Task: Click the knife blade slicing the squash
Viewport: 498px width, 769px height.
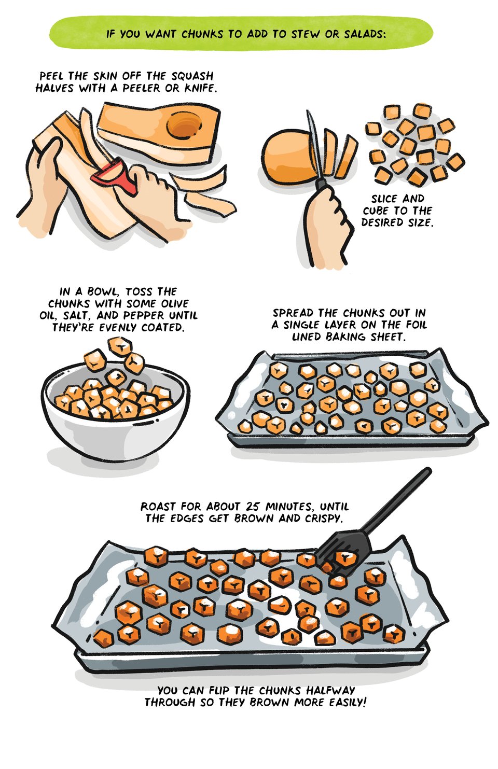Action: (x=315, y=144)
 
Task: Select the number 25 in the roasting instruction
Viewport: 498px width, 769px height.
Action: (x=254, y=507)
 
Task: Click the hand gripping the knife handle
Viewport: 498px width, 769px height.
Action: (x=328, y=227)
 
